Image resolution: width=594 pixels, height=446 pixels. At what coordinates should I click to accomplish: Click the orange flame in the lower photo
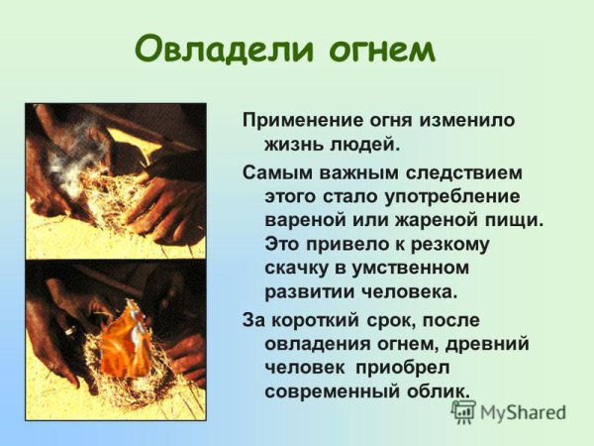126,329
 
